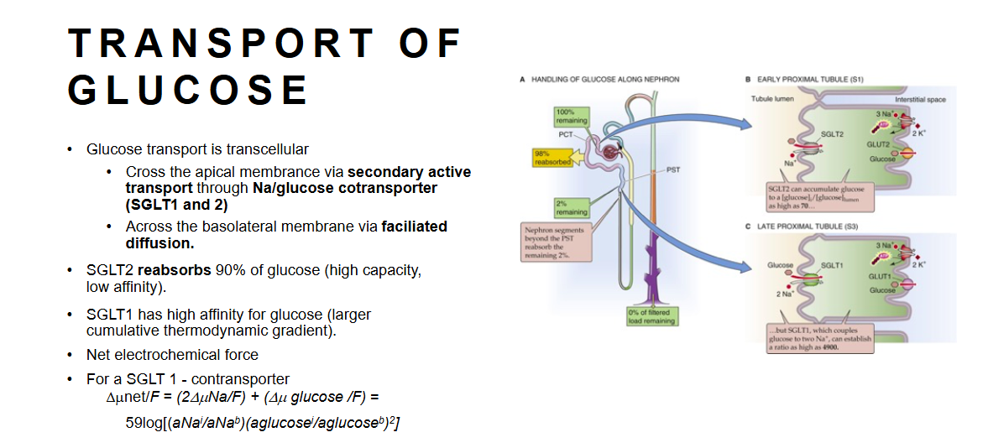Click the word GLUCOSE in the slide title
pyautogui.click(x=188, y=90)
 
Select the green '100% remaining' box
pyautogui.click(x=571, y=117)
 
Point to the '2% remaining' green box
pyautogui.click(x=571, y=207)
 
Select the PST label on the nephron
pyautogui.click(x=672, y=169)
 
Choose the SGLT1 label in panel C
pyautogui.click(x=831, y=265)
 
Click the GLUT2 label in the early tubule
pyautogui.click(x=878, y=144)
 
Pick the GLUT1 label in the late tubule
pyautogui.click(x=880, y=276)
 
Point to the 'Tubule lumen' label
pyautogui.click(x=772, y=99)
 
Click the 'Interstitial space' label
pyautogui.click(x=920, y=100)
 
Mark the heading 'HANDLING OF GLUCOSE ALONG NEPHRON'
pyautogui.click(x=602, y=80)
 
